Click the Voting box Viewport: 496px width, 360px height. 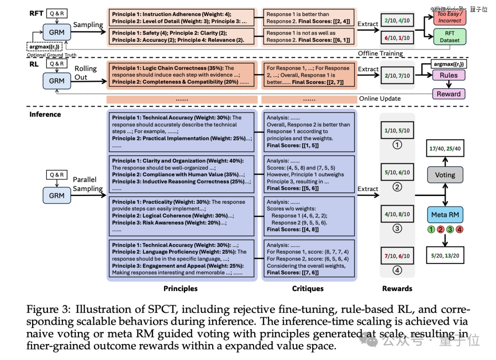pos(445,175)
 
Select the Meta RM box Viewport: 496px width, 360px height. pos(445,215)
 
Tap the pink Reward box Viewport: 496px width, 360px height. pos(449,94)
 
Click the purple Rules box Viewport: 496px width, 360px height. pos(449,75)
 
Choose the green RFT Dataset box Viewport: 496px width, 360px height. pos(450,37)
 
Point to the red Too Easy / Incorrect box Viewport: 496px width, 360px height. pos(450,17)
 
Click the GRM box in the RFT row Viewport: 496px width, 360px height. pos(56,32)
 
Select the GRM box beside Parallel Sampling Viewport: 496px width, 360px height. pos(56,196)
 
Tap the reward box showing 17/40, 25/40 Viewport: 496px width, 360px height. pos(445,149)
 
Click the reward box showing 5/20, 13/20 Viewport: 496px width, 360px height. pos(445,256)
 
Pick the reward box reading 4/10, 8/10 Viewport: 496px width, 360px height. pos(397,214)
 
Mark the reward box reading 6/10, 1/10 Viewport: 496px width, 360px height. pos(397,38)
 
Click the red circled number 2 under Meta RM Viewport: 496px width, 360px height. pos(440,229)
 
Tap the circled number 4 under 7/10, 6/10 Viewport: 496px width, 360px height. pos(397,270)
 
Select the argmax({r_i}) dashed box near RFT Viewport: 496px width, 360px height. pos(44,46)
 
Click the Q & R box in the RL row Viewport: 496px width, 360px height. pos(57,63)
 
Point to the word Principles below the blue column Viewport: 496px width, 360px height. pos(180,288)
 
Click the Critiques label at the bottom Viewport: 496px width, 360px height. pos(308,288)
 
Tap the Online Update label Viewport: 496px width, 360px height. pos(380,98)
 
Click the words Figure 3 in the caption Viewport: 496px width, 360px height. pos(48,309)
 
